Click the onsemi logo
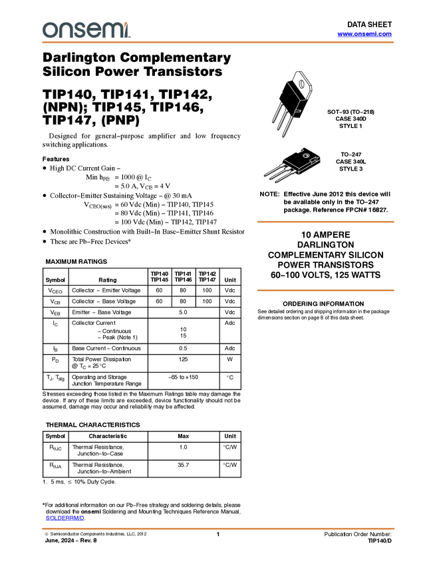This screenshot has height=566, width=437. point(86,30)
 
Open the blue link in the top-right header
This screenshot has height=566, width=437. point(364,34)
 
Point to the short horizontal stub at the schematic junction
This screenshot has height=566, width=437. point(303,100)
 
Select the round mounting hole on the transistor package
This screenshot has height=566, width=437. point(306,156)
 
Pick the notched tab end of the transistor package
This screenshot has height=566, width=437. point(317,158)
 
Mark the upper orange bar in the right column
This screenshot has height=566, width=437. point(325,222)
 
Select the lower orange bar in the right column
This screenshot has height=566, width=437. point(325,290)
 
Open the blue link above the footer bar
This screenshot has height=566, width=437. point(64,519)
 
